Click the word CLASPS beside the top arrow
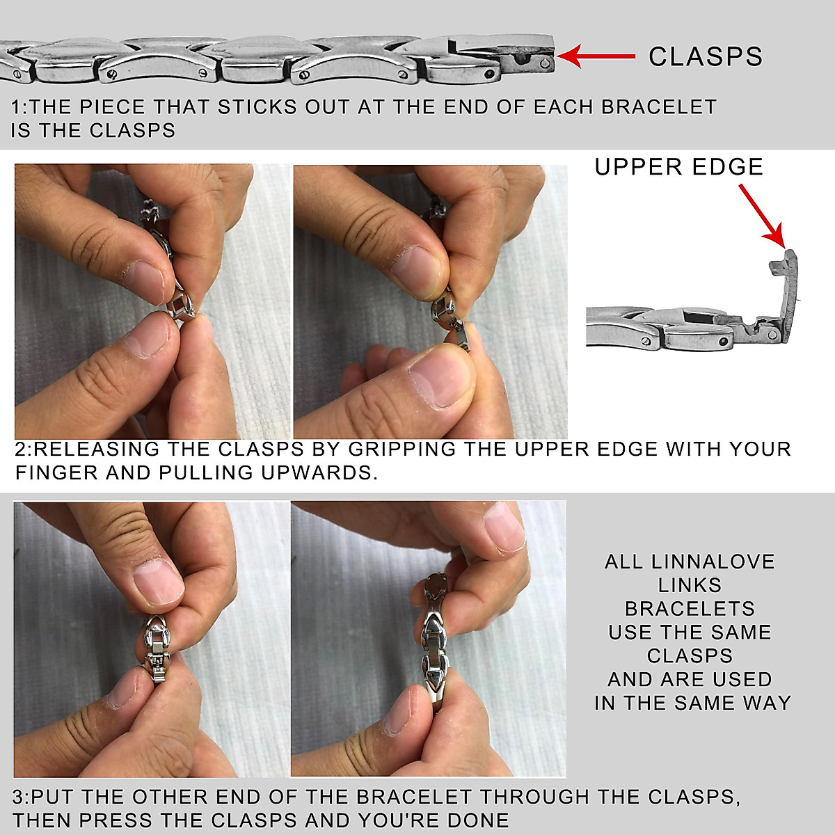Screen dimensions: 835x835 click(705, 56)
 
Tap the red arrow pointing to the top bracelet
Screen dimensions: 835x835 click(596, 56)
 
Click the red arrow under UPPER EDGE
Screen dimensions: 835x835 click(761, 216)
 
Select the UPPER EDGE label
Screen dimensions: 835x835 click(678, 167)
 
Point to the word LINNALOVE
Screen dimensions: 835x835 click(713, 562)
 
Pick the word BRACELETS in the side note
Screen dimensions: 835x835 click(690, 609)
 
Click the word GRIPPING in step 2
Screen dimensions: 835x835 click(402, 449)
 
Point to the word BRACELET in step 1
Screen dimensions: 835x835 click(659, 107)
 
